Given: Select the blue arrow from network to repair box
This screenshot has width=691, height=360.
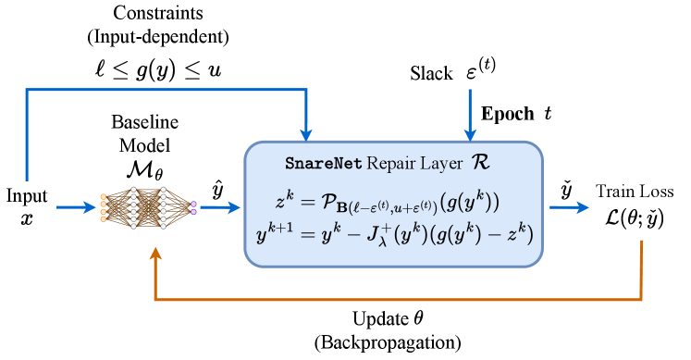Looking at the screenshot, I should pos(219,207).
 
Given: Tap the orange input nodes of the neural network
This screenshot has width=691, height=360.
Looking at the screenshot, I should pos(103,207).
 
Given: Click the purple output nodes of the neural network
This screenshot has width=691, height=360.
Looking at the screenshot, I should pos(193,207).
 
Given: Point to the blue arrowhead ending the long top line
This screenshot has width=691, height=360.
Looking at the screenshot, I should pos(306,134).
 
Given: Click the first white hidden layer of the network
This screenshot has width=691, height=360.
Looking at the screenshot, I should pos(134,207).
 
